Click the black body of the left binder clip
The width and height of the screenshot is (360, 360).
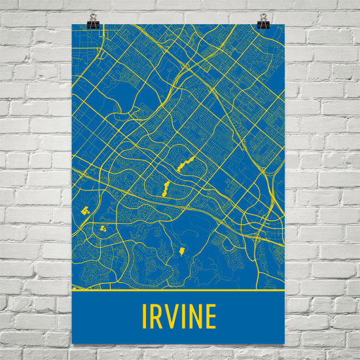click(x=91, y=25)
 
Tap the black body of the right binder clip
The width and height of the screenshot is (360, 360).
click(x=263, y=25)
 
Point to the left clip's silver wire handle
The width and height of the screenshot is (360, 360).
click(x=92, y=18)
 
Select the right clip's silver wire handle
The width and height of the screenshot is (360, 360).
click(x=263, y=17)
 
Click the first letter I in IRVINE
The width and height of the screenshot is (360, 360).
click(x=145, y=317)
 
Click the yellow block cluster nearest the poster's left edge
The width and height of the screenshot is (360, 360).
click(x=84, y=211)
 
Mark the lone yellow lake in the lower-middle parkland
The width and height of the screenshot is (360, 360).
click(x=182, y=251)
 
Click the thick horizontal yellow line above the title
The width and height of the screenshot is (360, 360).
click(x=178, y=289)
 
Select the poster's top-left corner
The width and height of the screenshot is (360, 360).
click(x=71, y=24)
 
